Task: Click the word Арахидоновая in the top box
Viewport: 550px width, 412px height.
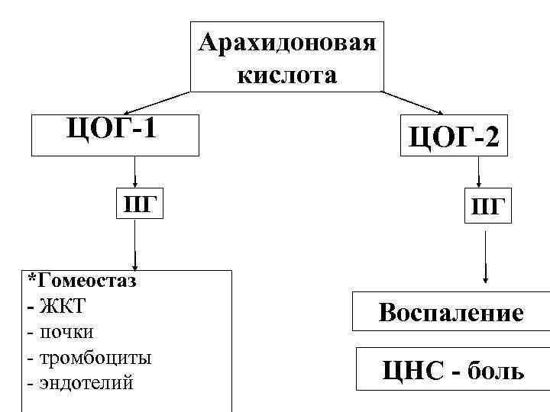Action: coord(286,42)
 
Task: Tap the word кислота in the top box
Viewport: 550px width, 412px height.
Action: coord(286,75)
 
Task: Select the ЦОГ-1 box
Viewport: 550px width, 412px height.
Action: coord(114,133)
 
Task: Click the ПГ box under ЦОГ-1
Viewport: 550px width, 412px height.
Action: coord(139,204)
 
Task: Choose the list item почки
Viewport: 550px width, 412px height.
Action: coord(66,332)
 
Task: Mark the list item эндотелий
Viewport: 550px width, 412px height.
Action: coord(85,382)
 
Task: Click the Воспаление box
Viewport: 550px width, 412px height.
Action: coord(451,312)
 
